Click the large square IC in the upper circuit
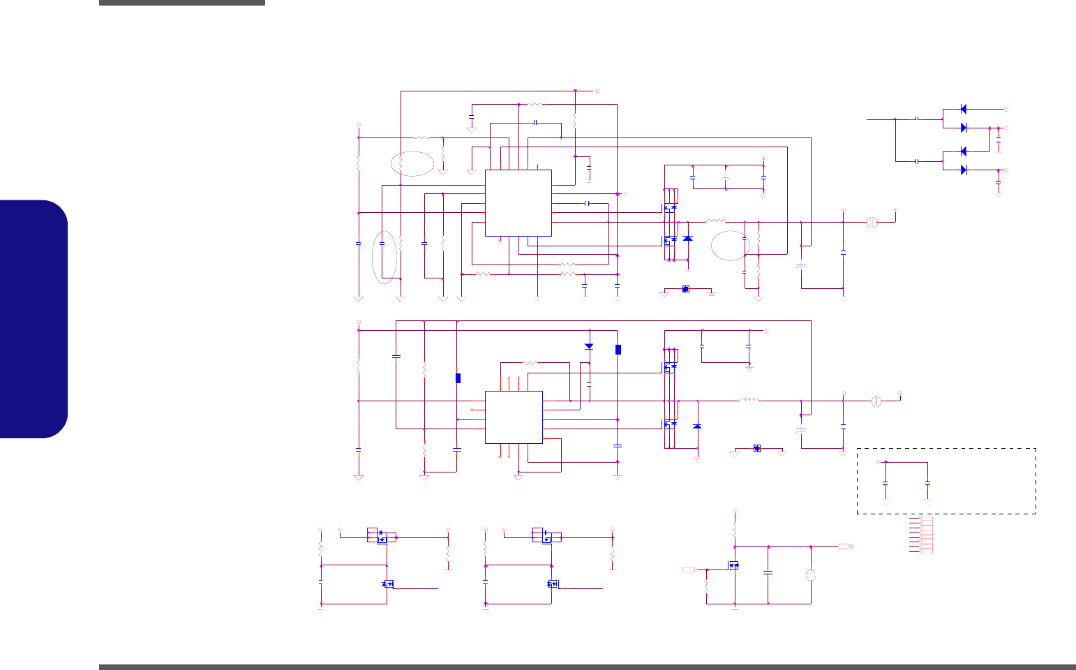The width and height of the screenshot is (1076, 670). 518,203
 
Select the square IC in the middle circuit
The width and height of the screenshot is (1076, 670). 514,417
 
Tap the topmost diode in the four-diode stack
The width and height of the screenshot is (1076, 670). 964,110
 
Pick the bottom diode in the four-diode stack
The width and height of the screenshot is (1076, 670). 964,170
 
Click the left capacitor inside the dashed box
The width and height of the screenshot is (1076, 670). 886,482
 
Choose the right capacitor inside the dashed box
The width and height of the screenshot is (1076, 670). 927,482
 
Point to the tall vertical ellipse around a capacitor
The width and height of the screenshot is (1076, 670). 385,257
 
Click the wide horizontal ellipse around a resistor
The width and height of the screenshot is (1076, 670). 413,163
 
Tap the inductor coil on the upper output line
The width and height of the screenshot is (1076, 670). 716,222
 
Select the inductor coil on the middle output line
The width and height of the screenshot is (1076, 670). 749,401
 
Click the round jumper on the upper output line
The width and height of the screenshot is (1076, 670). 871,222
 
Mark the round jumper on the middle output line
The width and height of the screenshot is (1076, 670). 876,401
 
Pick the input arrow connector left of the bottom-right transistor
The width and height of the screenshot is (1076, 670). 688,570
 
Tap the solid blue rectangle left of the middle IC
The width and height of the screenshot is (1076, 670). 458,378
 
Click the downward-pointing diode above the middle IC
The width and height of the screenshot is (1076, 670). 589,346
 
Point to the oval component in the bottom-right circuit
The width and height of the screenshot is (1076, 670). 811,576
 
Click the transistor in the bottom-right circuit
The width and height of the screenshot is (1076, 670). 733,565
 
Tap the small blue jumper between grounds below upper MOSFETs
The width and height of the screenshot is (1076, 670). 686,289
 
